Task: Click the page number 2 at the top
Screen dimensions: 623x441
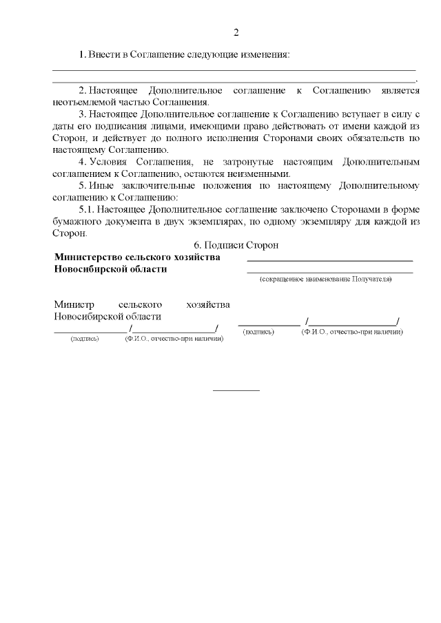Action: point(236,32)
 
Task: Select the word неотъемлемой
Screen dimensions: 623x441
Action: point(81,102)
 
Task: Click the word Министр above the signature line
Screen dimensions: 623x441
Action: point(73,304)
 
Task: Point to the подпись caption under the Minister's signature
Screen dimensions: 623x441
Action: point(85,339)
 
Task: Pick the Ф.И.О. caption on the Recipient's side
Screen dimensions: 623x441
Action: point(351,332)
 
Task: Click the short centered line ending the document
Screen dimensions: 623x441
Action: point(236,390)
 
